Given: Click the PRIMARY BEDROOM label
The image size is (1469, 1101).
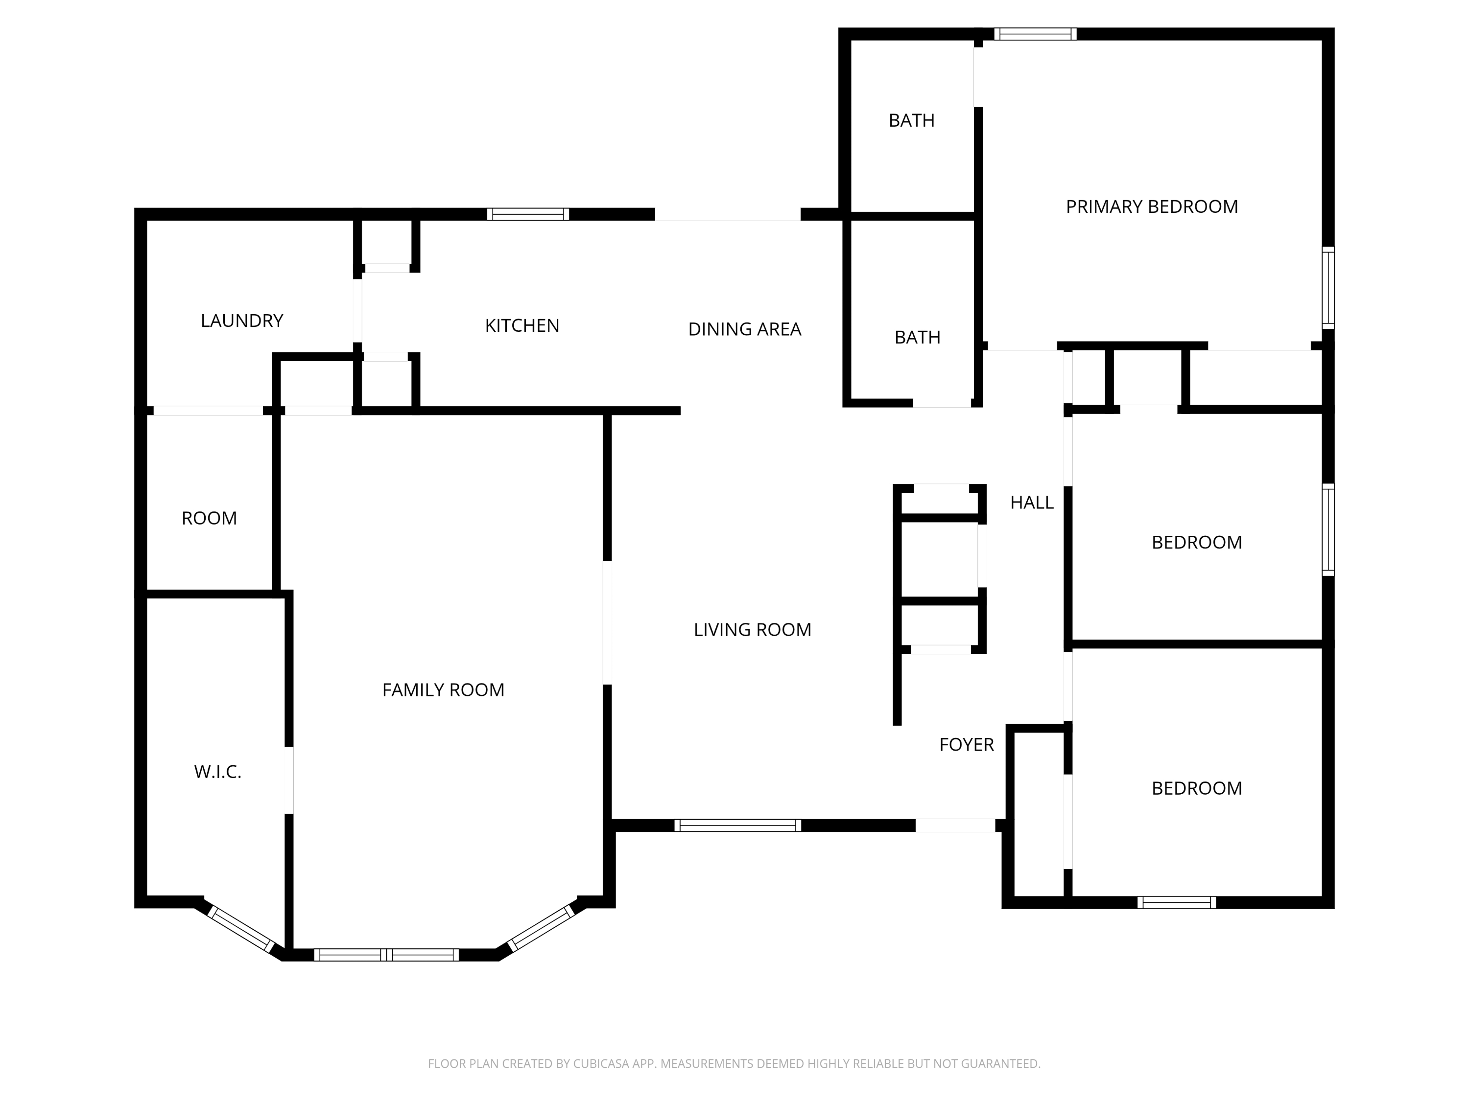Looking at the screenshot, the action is [x=1152, y=206].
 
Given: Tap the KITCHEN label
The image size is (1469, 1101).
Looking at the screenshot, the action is [x=522, y=325].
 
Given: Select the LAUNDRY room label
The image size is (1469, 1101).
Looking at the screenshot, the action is [x=242, y=321].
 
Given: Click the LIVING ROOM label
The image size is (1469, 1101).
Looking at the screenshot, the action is [x=753, y=629].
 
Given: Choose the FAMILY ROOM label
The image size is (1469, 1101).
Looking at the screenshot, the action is [x=443, y=689].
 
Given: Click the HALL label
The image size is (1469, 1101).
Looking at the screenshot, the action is [x=1031, y=503].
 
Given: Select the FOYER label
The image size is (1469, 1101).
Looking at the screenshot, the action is [x=966, y=745].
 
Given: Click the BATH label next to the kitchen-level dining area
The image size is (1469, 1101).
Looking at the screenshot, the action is [x=917, y=337].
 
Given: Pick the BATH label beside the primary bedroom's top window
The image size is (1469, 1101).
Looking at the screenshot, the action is [x=911, y=120].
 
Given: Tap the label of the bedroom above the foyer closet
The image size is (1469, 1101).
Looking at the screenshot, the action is [x=1197, y=542].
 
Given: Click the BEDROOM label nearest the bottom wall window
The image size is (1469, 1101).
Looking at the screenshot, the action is [x=1197, y=788].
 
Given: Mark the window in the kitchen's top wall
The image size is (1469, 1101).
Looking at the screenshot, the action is [x=528, y=214].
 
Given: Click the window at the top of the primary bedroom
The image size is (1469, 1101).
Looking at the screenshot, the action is [x=1035, y=34].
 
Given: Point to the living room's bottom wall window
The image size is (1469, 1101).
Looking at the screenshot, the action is [x=738, y=826].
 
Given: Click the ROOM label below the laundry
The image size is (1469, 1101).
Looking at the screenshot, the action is [x=209, y=518].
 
